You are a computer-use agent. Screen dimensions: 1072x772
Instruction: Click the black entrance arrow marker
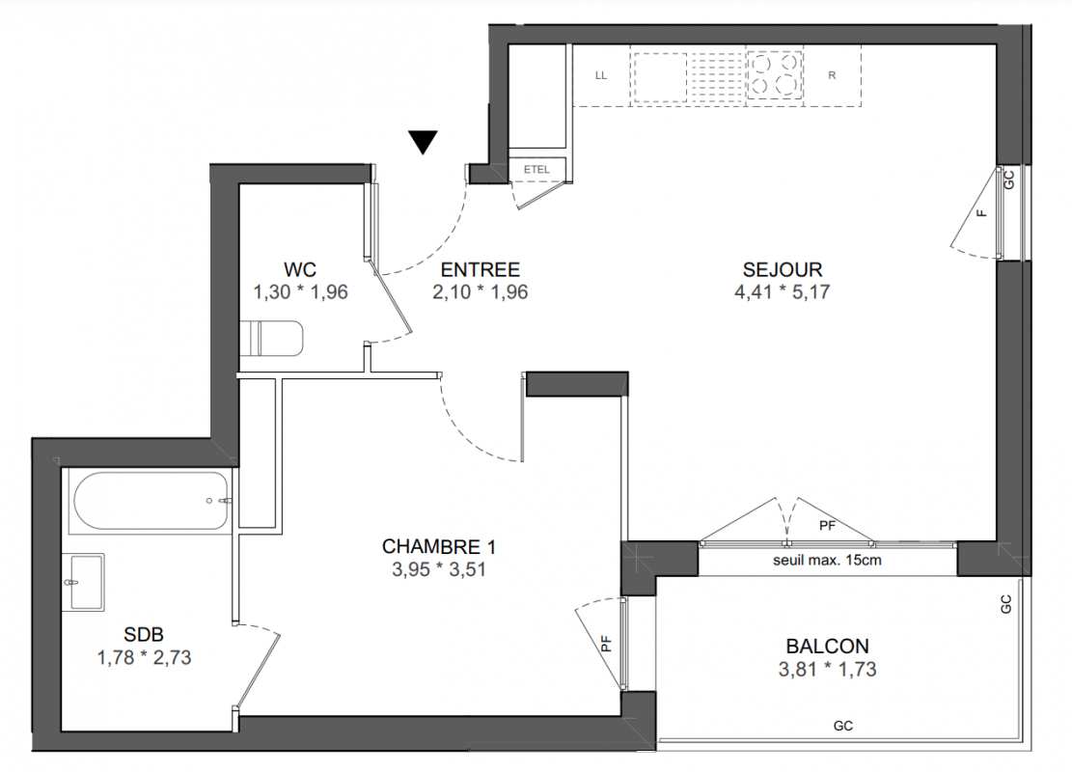click(x=424, y=142)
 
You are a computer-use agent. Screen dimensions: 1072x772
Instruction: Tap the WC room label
click(x=300, y=269)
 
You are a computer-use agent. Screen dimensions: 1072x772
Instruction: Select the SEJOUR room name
click(x=783, y=269)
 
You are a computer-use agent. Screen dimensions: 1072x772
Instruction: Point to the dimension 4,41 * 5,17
click(x=783, y=292)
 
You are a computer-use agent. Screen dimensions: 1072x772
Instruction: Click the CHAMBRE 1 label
click(x=438, y=546)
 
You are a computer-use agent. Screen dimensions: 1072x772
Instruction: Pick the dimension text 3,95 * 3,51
click(x=438, y=569)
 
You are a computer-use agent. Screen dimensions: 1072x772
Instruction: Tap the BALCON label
click(x=827, y=647)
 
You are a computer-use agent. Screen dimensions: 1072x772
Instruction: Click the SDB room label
click(x=144, y=635)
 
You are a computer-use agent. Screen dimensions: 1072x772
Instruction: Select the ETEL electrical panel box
click(x=536, y=170)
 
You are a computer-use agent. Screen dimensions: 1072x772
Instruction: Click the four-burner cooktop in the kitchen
click(x=775, y=75)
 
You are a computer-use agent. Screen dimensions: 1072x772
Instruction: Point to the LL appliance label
click(x=601, y=75)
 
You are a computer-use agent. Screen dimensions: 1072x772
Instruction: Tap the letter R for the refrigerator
click(x=832, y=75)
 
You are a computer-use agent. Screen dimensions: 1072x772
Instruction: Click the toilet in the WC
click(x=271, y=339)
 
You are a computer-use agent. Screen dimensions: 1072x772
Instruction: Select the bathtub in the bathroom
click(x=151, y=501)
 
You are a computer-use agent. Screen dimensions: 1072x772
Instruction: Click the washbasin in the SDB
click(x=83, y=582)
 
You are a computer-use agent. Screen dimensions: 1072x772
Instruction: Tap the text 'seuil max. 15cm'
click(x=827, y=560)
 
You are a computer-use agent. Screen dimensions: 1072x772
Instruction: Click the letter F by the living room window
click(x=982, y=212)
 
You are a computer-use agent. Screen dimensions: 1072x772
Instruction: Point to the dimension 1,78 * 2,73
click(x=144, y=658)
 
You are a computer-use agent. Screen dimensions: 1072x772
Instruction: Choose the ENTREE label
click(x=480, y=269)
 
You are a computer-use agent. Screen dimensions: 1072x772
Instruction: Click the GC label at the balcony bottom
click(x=843, y=726)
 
